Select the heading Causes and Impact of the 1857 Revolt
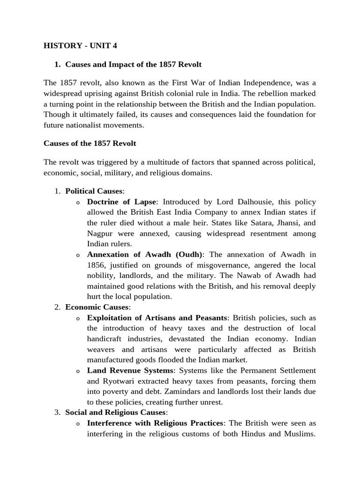133,64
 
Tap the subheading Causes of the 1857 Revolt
90,143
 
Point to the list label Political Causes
94,191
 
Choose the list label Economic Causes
97,307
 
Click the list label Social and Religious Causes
116,412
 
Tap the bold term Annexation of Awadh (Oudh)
145,255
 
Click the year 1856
96,265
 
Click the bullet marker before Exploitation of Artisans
78,318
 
